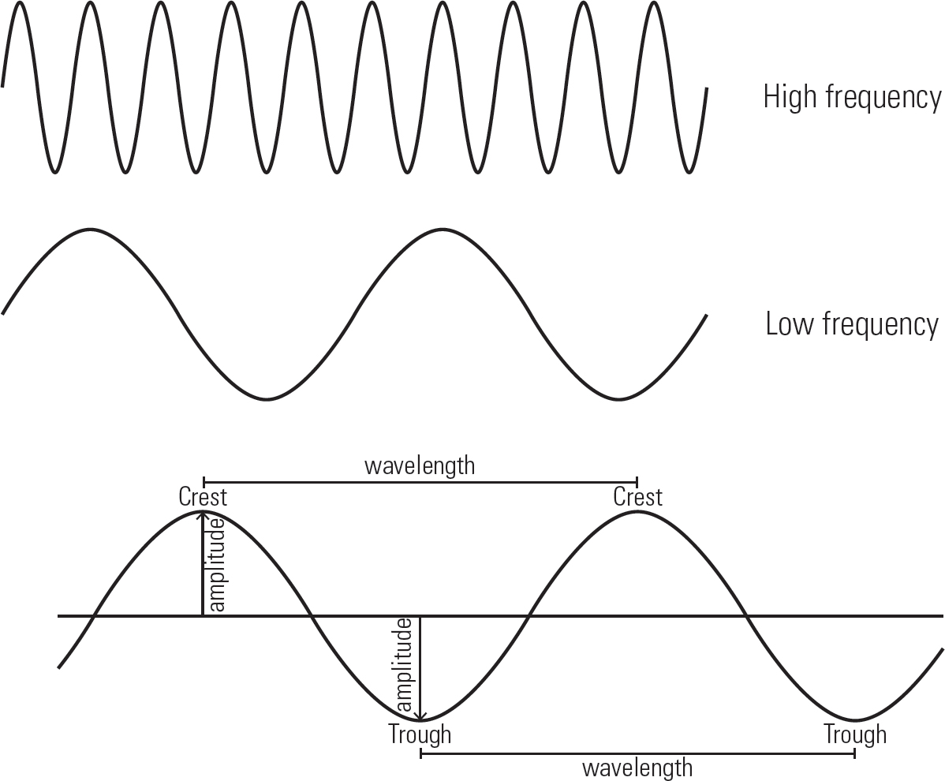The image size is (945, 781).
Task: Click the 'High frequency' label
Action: [852, 98]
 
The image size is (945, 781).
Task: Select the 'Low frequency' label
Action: [852, 324]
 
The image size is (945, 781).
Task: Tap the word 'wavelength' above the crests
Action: [420, 466]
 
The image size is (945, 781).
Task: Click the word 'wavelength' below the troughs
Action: [637, 768]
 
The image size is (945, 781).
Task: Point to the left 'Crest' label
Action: [203, 497]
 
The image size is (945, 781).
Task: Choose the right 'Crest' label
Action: [637, 497]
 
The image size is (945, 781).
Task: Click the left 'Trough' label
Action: [420, 734]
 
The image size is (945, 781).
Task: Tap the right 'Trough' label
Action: [855, 734]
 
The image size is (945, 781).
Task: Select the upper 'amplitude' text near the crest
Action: [217, 565]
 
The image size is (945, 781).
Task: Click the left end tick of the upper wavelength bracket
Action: [204, 482]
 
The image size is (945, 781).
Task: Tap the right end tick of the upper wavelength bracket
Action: [637, 482]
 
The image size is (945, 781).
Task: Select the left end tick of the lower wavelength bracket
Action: [420, 753]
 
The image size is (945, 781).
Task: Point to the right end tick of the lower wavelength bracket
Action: [854, 753]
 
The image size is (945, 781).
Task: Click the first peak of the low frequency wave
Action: [91, 230]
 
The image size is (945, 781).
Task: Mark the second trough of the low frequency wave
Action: [619, 399]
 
